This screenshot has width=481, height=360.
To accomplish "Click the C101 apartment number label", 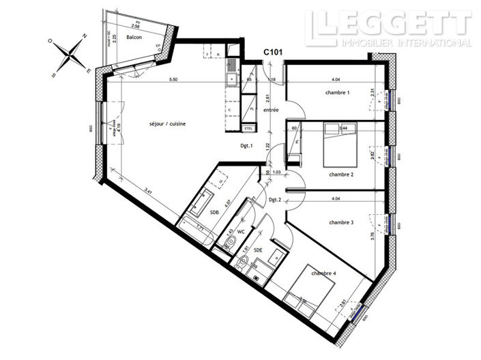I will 274,50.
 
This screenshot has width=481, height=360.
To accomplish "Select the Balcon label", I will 134,38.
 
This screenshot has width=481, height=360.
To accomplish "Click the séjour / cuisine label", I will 168,123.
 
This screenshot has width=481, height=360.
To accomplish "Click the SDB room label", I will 214,212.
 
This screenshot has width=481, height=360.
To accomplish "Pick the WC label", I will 240,232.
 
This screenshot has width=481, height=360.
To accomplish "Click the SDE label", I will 257,250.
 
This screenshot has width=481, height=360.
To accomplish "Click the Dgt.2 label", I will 275,200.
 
